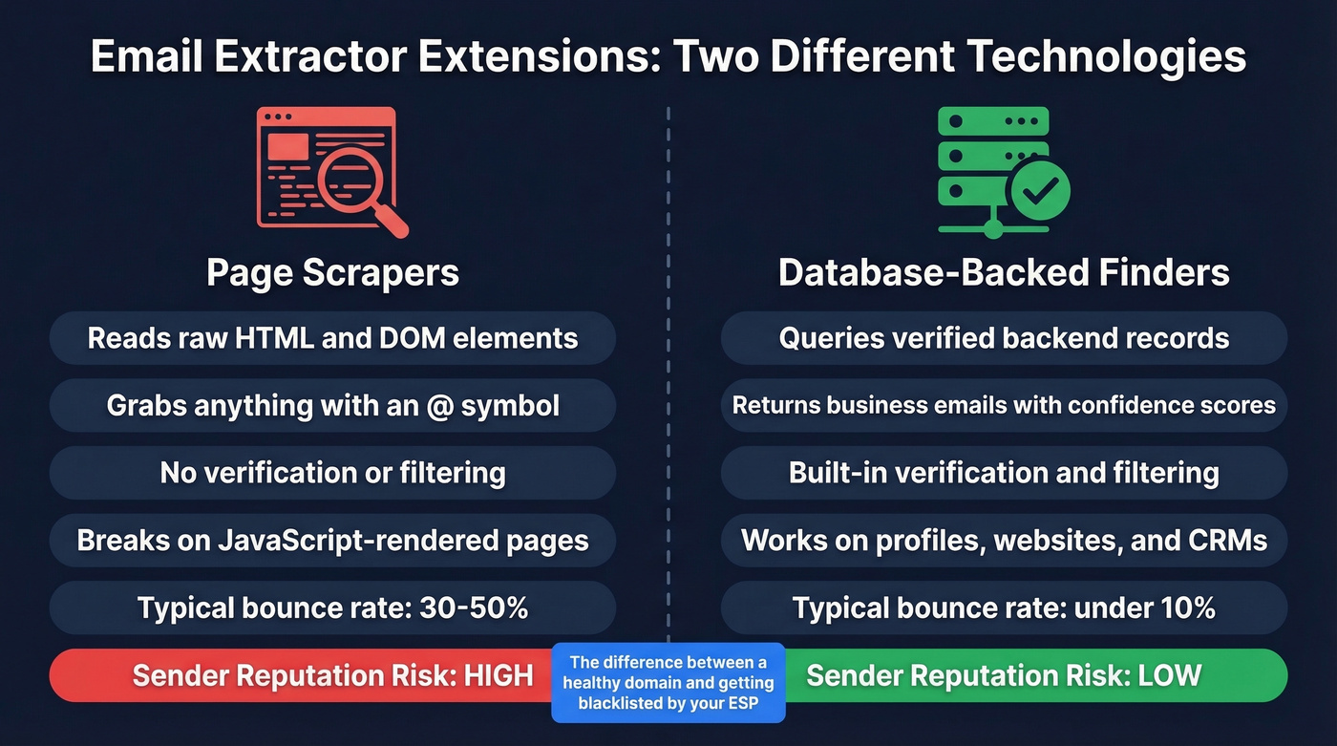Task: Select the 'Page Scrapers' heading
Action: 332,272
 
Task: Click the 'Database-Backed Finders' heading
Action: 1004,272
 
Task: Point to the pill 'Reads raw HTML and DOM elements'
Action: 332,338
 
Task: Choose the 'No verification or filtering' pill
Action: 332,473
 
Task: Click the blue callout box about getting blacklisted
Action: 668,682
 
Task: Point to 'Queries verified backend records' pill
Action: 1004,338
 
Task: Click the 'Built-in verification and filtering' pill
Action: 1004,473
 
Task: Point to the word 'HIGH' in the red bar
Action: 498,675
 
